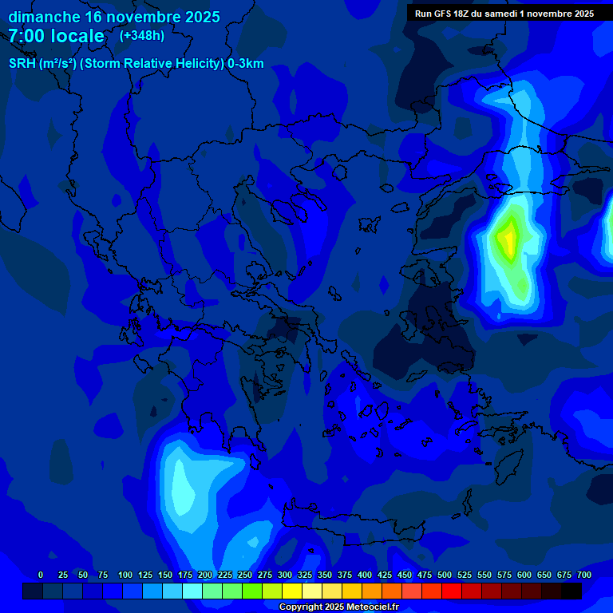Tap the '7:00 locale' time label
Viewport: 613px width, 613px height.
tap(57, 36)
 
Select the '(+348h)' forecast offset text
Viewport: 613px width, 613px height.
tap(142, 36)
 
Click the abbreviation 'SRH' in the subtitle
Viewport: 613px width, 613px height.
tap(22, 64)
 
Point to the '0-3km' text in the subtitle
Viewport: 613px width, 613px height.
tap(246, 64)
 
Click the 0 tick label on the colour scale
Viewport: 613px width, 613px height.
tap(41, 575)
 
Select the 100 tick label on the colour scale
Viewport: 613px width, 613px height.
tap(125, 575)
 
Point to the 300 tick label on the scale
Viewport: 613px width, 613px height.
tap(285, 575)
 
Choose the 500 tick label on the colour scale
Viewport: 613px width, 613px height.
tap(445, 575)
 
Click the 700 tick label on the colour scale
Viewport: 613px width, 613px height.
tap(584, 575)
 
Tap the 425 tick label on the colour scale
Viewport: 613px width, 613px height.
tap(385, 575)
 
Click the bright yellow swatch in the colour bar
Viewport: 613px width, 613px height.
tap(291, 591)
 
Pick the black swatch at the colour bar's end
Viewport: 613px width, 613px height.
tap(571, 591)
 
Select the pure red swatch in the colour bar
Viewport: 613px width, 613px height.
tap(451, 591)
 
